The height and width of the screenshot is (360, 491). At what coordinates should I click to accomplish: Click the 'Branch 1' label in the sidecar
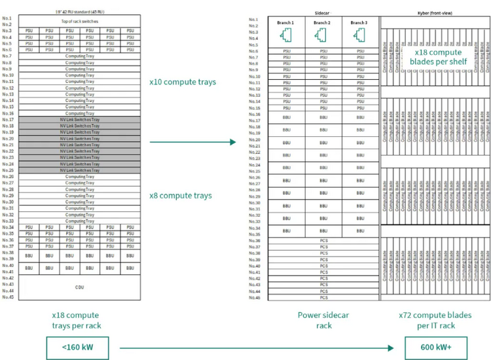285,22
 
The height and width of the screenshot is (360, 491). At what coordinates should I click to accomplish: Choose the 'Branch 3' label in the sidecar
358,22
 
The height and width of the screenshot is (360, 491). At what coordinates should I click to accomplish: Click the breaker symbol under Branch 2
321,37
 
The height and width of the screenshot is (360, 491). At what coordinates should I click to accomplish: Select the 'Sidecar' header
322,12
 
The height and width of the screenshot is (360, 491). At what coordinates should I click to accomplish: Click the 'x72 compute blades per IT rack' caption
435,320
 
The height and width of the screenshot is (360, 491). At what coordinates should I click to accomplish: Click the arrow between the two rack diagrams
192,141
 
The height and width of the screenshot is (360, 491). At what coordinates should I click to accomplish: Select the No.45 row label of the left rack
8,297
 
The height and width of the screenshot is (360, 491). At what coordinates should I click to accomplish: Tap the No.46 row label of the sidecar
255,298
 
